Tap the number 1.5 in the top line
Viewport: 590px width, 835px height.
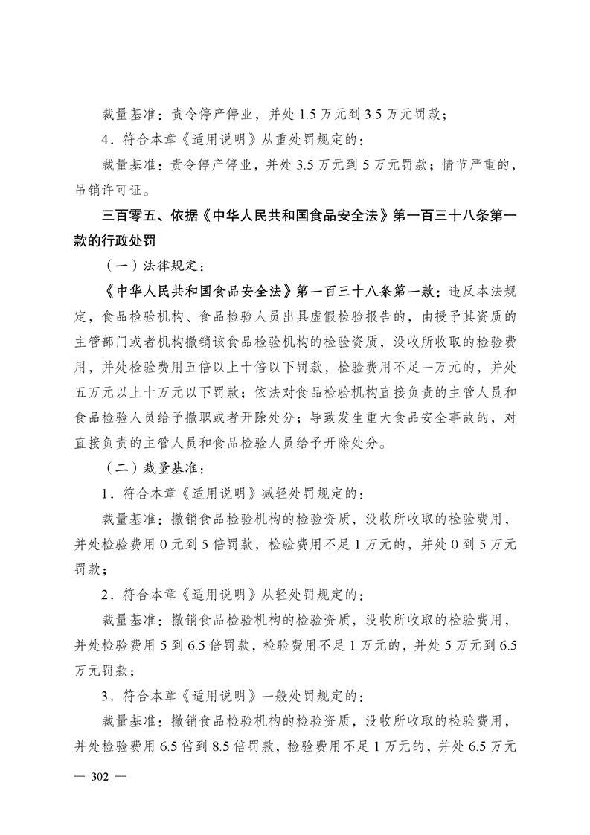(x=307, y=115)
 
